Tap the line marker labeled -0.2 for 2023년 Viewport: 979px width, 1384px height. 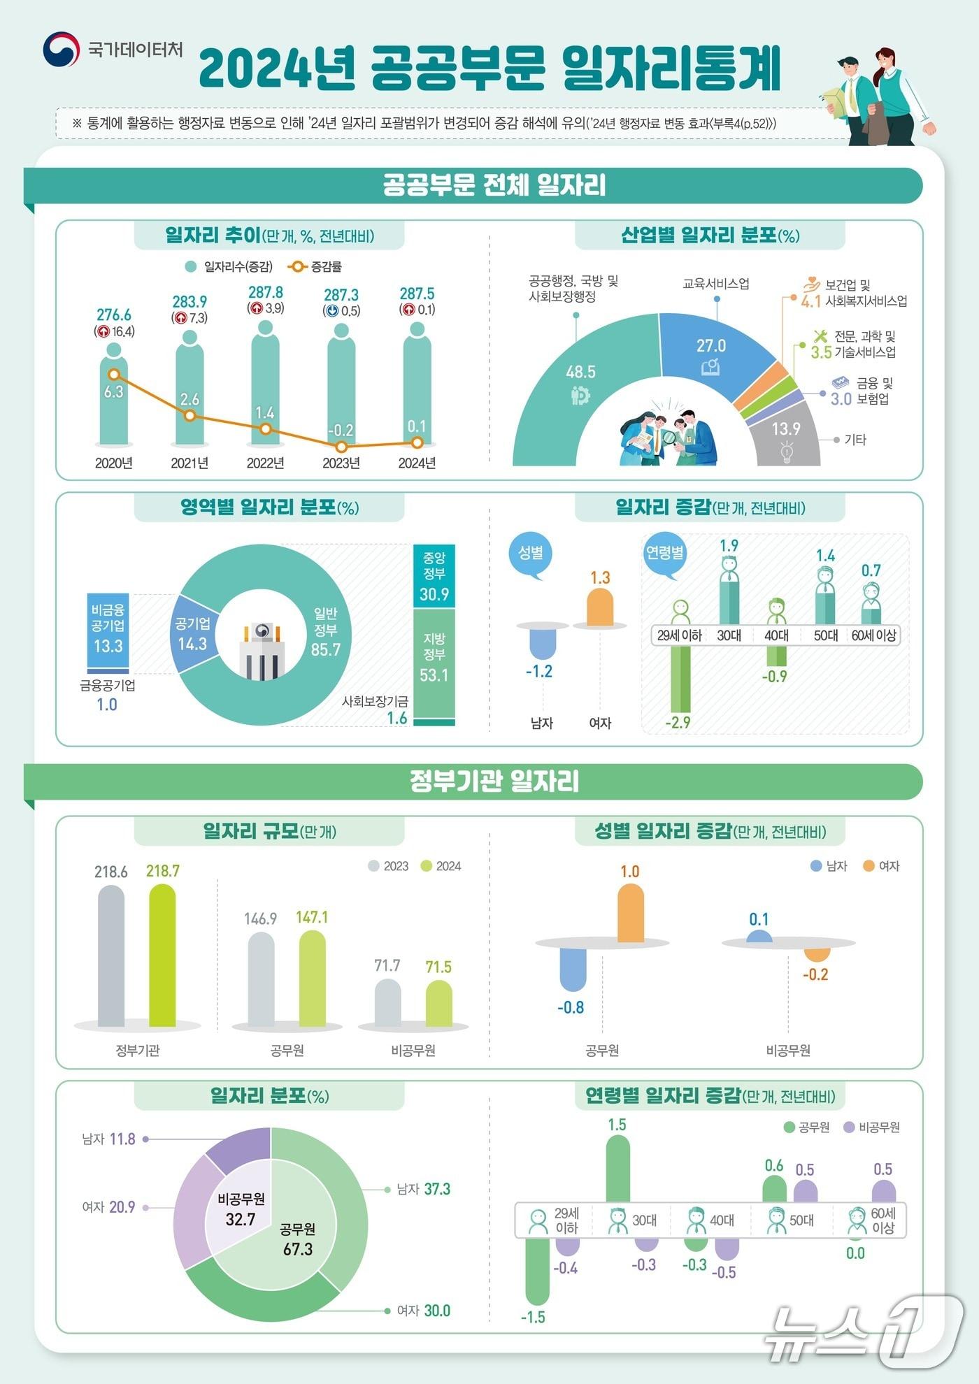coord(341,446)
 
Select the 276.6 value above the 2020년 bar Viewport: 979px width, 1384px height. coord(114,315)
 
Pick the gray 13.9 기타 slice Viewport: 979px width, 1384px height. coord(786,440)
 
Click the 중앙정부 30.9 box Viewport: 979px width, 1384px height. coord(434,576)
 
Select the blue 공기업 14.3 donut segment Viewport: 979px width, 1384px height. coord(192,633)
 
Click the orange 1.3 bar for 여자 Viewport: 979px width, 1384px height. coord(600,607)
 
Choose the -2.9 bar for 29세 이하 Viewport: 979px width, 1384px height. coord(680,678)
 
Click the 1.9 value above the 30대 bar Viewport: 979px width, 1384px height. coord(729,546)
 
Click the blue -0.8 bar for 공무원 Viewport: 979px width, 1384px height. coord(573,969)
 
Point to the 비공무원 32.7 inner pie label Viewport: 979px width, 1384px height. coord(241,1209)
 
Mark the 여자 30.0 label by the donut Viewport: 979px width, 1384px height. coord(423,1311)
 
